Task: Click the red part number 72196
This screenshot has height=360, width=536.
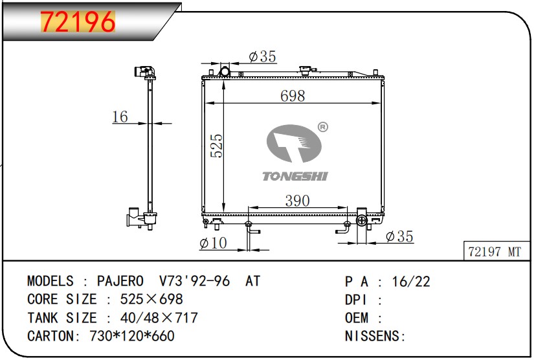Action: (x=78, y=21)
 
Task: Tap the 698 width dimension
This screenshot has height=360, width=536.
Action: (x=293, y=96)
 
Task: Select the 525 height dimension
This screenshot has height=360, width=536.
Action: (x=216, y=146)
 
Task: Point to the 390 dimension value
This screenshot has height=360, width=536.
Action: (x=297, y=201)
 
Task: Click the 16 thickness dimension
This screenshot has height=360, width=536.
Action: (x=120, y=117)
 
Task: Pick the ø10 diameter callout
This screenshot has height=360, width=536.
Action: (x=213, y=243)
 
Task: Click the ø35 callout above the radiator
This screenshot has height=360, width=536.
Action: (x=262, y=56)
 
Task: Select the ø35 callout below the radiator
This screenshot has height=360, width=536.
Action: (x=399, y=236)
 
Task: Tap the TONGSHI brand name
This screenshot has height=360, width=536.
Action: (x=295, y=176)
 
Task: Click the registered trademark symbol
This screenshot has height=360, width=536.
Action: (x=323, y=127)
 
